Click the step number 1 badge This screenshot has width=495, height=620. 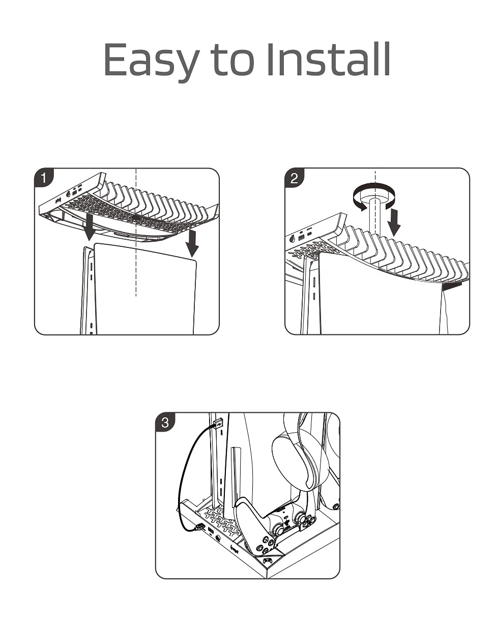click(44, 178)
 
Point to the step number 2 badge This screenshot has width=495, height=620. click(294, 178)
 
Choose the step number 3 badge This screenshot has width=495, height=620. click(165, 422)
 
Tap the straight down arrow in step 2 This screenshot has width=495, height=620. click(394, 222)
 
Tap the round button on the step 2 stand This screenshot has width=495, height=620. click(292, 239)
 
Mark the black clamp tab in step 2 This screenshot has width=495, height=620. click(451, 286)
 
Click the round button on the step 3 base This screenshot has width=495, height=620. click(218, 538)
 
